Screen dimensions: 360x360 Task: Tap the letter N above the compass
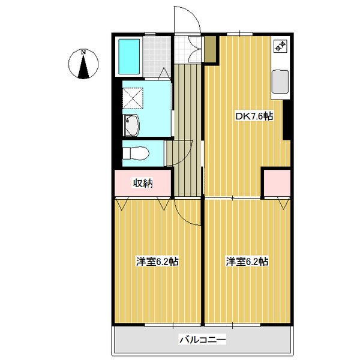tap(85, 52)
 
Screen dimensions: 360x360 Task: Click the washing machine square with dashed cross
tap(133, 97)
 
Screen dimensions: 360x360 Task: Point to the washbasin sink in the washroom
tap(131, 126)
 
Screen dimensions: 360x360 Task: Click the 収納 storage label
tap(143, 183)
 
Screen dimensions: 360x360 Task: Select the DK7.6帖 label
tap(253, 116)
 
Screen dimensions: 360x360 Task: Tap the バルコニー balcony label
tap(202, 340)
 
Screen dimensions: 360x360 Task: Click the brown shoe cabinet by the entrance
tap(209, 49)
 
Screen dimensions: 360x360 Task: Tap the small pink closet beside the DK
tap(277, 183)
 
